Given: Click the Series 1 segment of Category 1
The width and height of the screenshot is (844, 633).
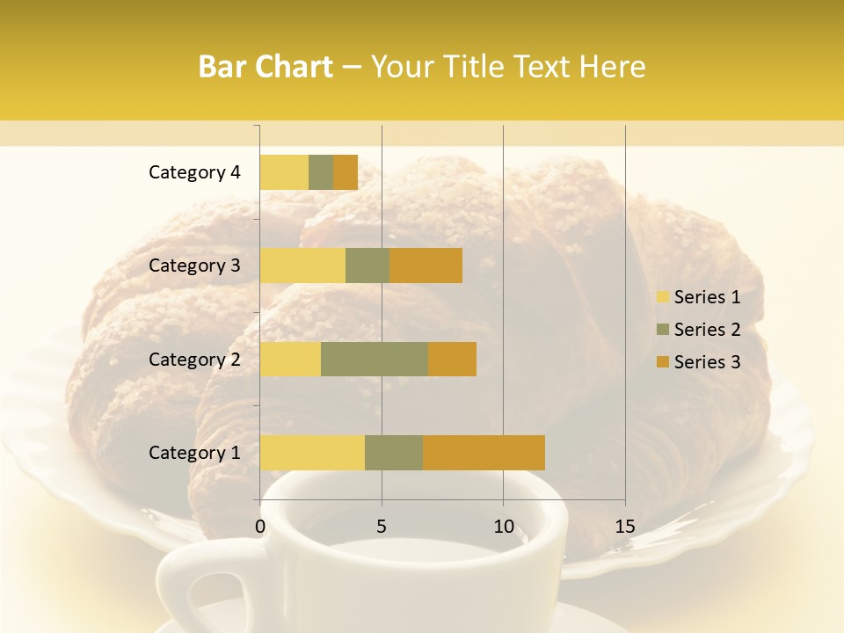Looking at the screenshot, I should coord(312,453).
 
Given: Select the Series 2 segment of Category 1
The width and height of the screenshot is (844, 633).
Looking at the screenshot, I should coord(394,453).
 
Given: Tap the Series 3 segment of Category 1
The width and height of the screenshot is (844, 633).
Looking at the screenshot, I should coord(484,453).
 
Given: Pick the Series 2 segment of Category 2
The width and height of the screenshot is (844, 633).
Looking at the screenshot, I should coord(375,359).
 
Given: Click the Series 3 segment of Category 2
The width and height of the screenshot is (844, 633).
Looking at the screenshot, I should coord(452,359).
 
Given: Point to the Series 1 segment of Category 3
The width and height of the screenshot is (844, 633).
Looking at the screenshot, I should coord(302,266).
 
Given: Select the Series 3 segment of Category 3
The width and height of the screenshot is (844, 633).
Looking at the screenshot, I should coord(426,266).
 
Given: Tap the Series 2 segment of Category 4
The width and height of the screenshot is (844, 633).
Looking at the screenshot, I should coord(321,172).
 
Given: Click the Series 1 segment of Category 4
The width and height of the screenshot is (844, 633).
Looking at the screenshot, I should coord(284,172).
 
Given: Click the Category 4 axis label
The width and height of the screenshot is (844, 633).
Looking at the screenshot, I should coord(194,172).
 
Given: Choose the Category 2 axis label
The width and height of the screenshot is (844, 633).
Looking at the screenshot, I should coord(194,359).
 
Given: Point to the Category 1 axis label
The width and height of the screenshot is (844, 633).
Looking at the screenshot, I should coord(194,453).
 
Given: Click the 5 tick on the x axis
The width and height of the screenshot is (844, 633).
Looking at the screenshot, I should coord(382,527).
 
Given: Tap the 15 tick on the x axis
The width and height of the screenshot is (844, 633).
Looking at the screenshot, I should coord(625,527).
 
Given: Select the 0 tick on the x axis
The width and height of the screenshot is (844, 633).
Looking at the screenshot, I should coord(260,527).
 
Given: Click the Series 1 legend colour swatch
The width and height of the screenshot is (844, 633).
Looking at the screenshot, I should coord(662,297).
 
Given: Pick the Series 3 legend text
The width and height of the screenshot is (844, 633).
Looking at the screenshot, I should coord(707,362).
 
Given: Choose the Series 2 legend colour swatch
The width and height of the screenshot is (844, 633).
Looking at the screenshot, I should coord(662,330).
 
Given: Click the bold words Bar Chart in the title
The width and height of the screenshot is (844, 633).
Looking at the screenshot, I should coord(266,67).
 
